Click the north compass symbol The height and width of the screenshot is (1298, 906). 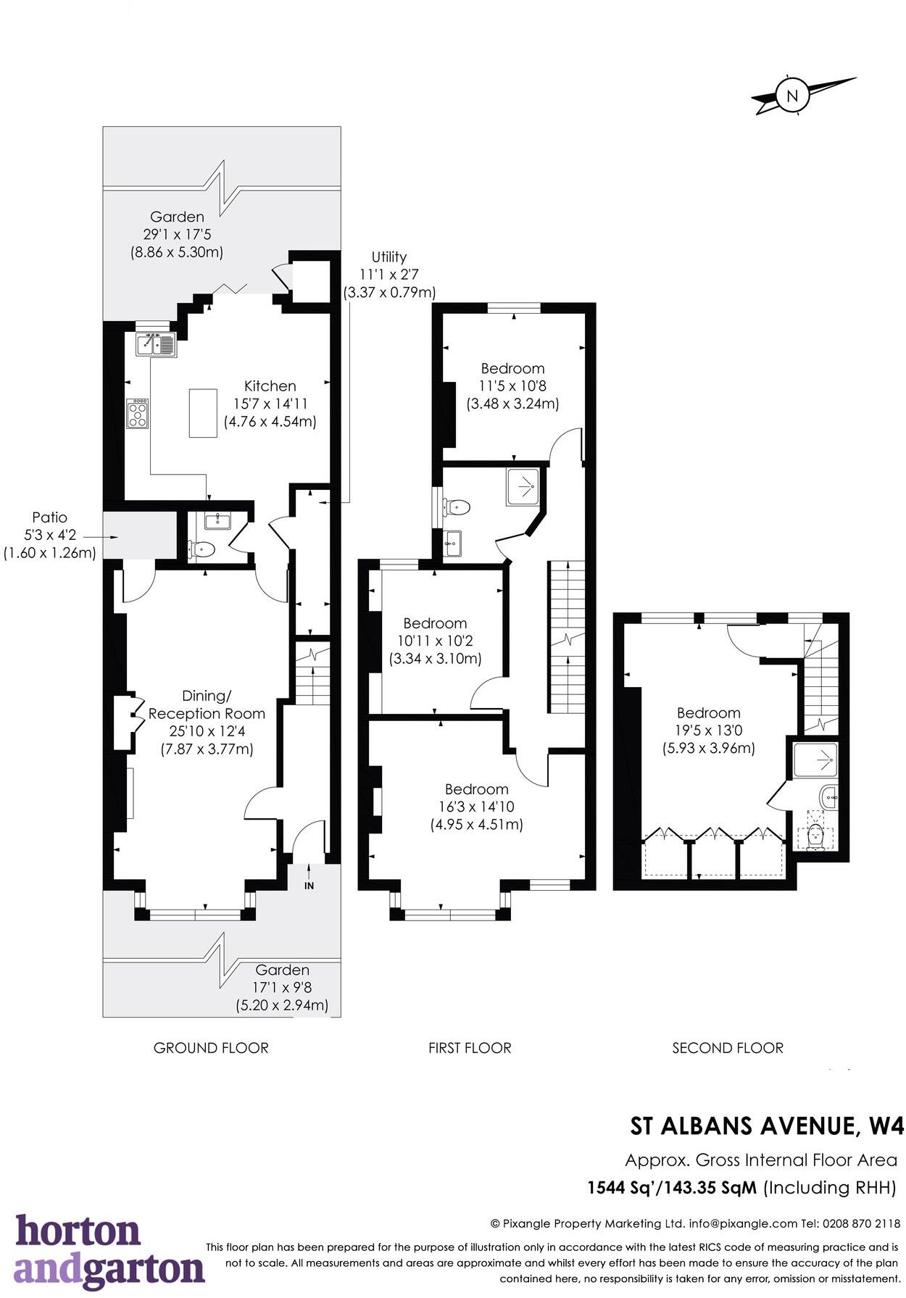[792, 95]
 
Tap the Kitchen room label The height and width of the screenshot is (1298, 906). [270, 386]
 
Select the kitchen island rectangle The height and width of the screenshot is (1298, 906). [204, 413]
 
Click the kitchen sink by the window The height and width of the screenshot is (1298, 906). [155, 344]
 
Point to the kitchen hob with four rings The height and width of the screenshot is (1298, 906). [137, 414]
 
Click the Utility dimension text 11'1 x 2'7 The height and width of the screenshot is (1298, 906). [388, 275]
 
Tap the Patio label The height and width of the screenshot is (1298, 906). [49, 517]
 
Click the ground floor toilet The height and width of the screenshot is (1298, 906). [203, 549]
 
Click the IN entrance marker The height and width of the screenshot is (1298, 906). [309, 886]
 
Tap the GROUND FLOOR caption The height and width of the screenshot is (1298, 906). [211, 1048]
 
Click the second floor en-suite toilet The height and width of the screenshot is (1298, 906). [816, 837]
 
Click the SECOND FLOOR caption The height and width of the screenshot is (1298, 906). [727, 1048]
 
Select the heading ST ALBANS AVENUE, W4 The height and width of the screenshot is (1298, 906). [767, 1126]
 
